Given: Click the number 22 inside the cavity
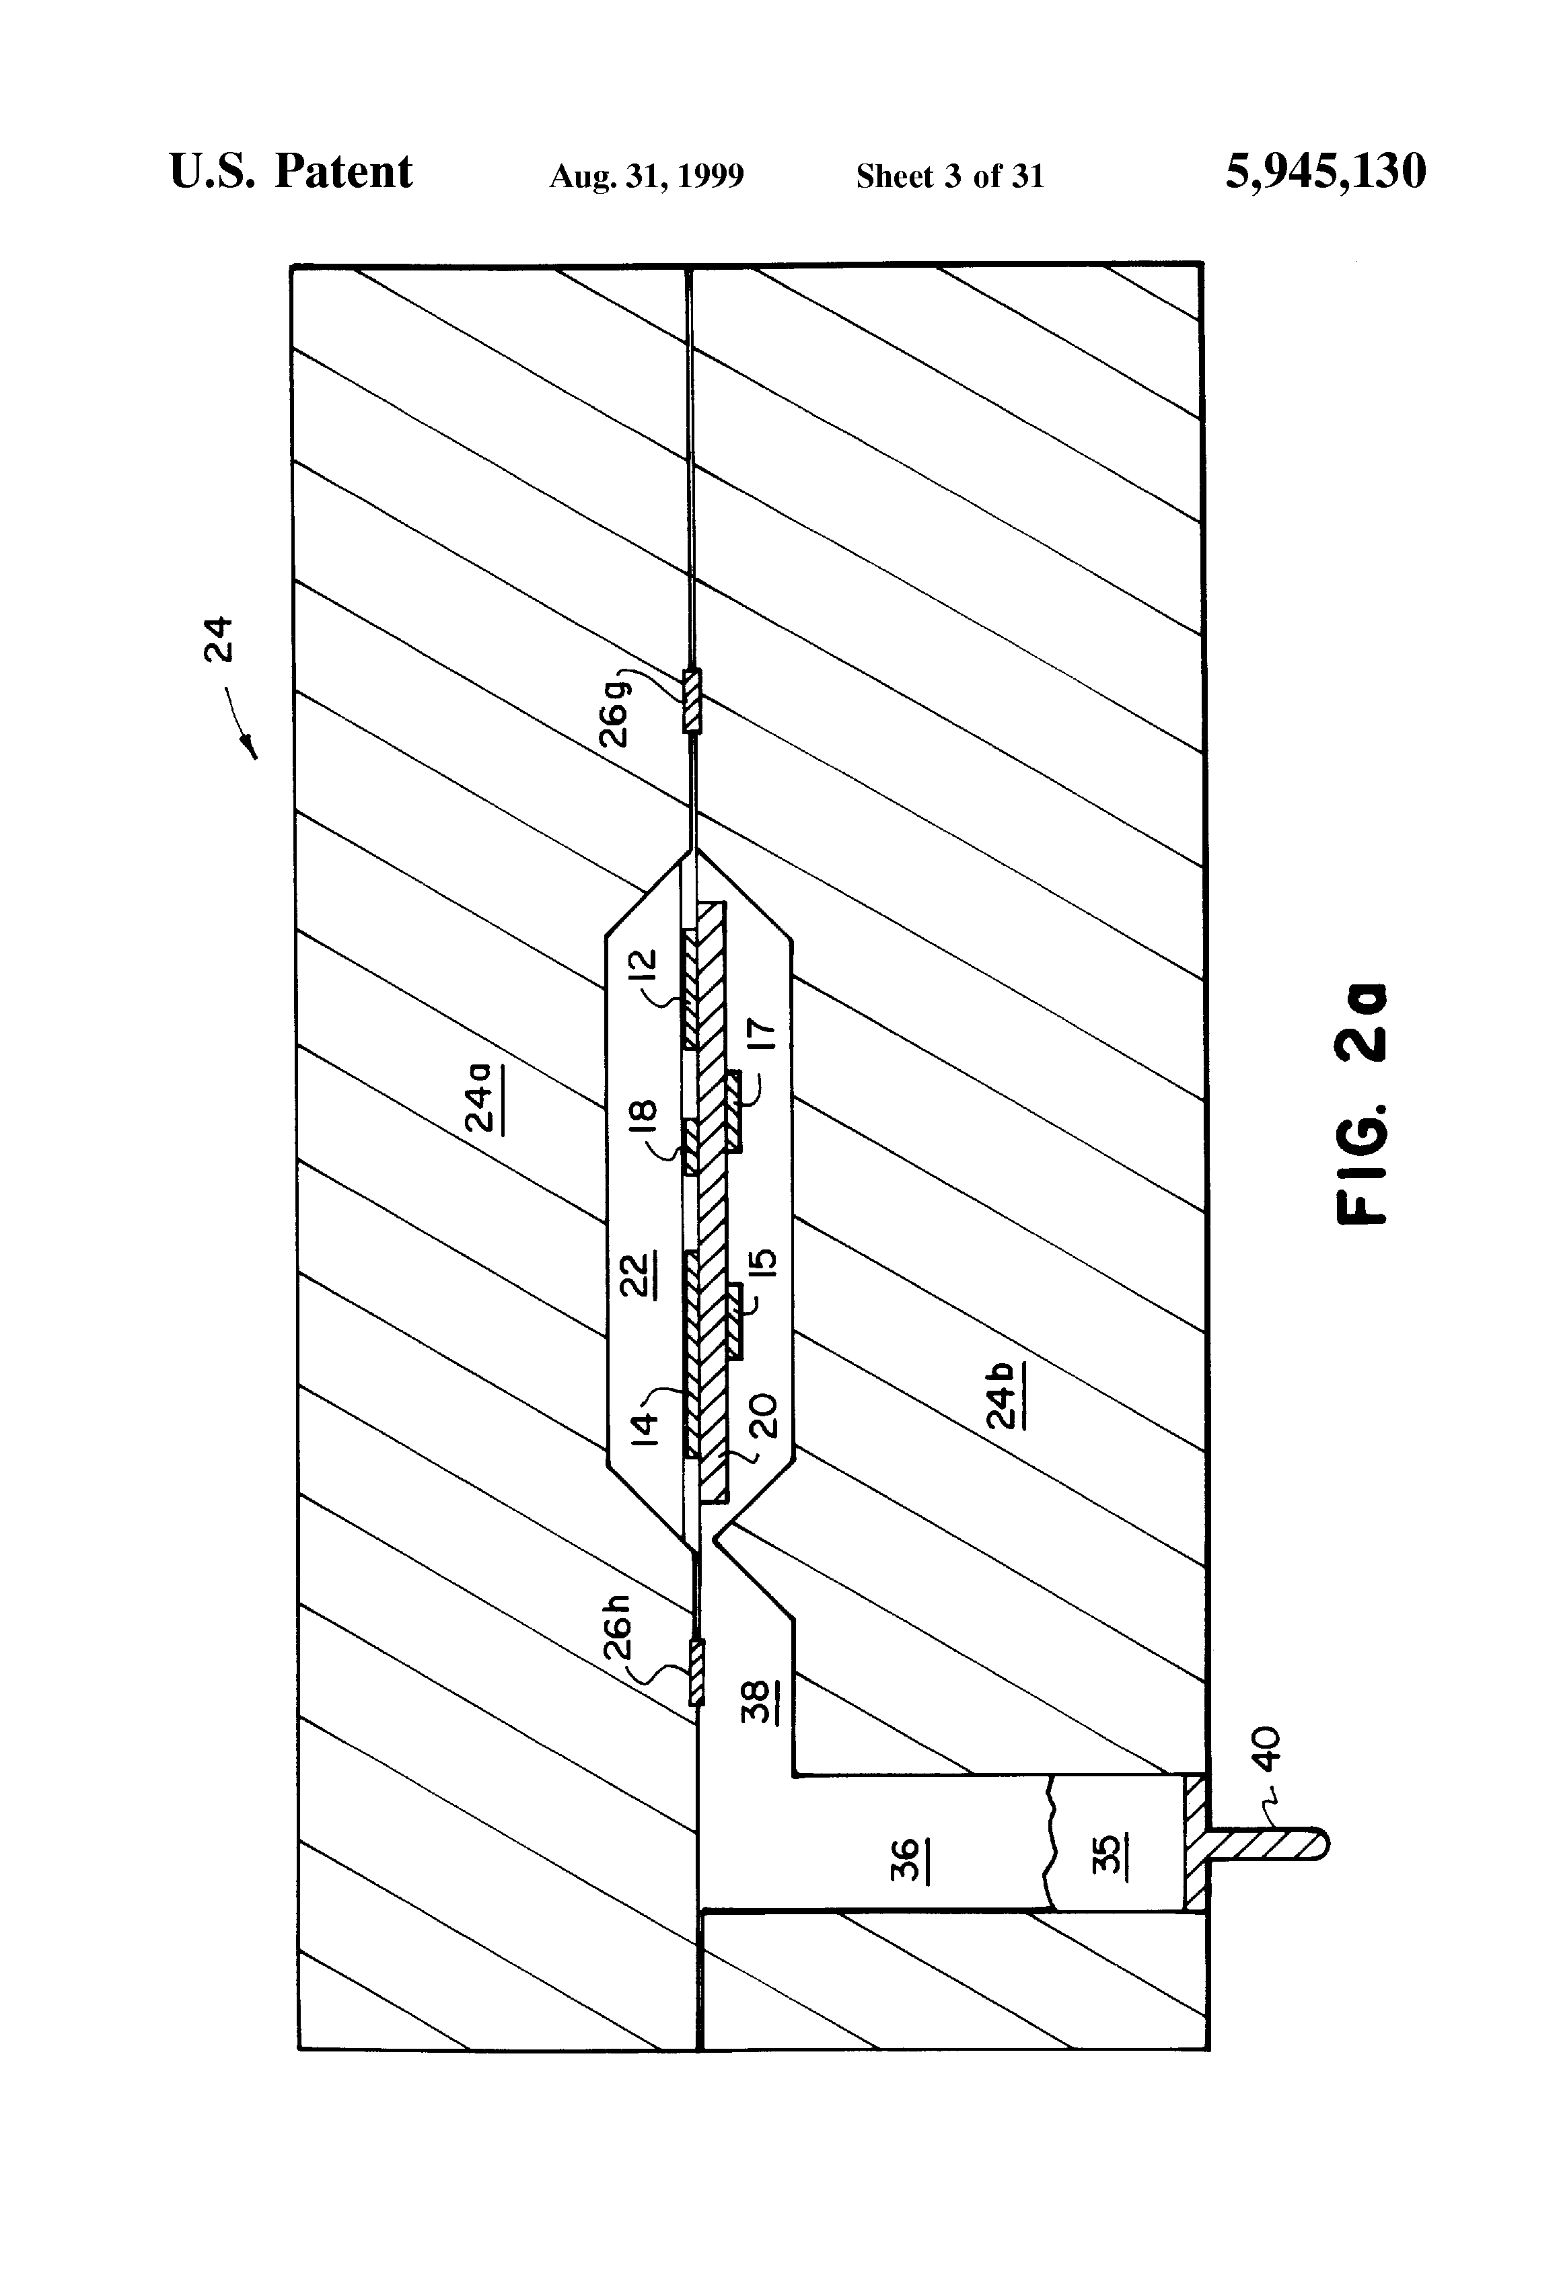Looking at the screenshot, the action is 637,1274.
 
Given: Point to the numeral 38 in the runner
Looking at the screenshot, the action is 756,1701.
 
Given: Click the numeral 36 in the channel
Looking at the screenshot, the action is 906,1859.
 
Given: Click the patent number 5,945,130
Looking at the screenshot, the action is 1326,172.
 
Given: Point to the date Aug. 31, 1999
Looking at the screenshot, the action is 647,176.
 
